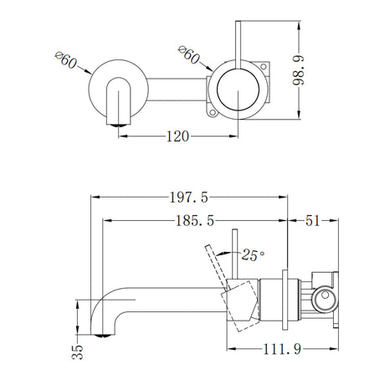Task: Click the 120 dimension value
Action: click(177, 136)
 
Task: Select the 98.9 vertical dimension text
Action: click(299, 70)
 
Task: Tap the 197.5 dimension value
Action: click(189, 198)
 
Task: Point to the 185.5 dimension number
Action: click(195, 221)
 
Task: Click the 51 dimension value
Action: click(312, 221)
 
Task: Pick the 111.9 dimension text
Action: click(282, 349)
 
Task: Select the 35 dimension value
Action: click(78, 352)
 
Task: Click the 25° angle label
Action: click(253, 255)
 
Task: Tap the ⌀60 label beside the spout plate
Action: click(66, 59)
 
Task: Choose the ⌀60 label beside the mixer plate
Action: click(189, 54)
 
